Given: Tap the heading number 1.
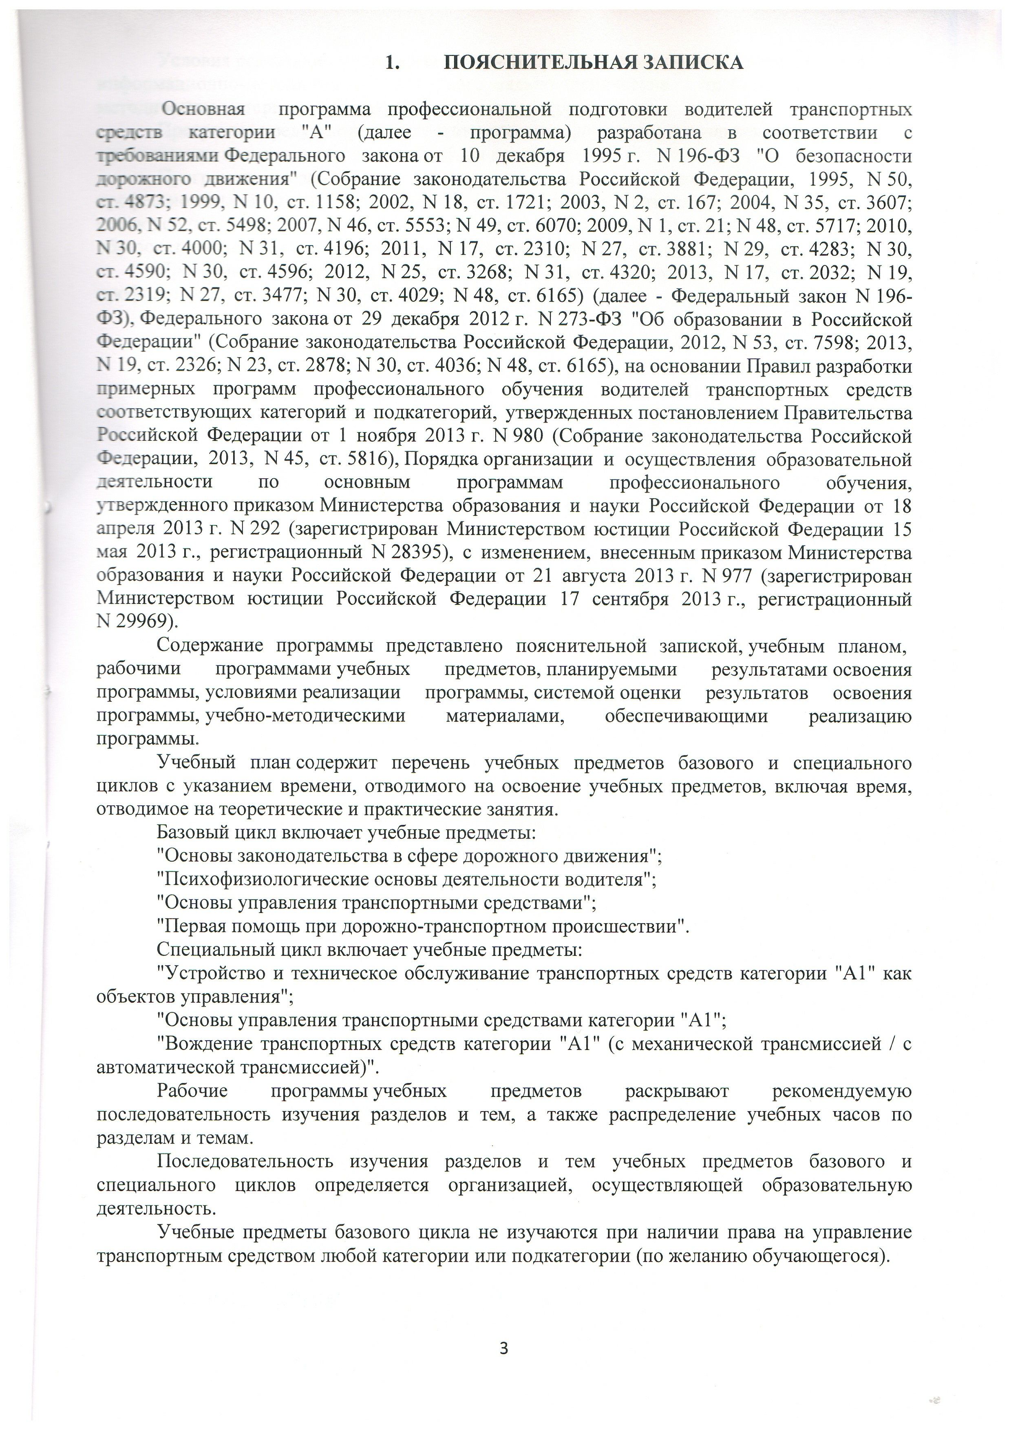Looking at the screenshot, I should (x=392, y=63).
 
